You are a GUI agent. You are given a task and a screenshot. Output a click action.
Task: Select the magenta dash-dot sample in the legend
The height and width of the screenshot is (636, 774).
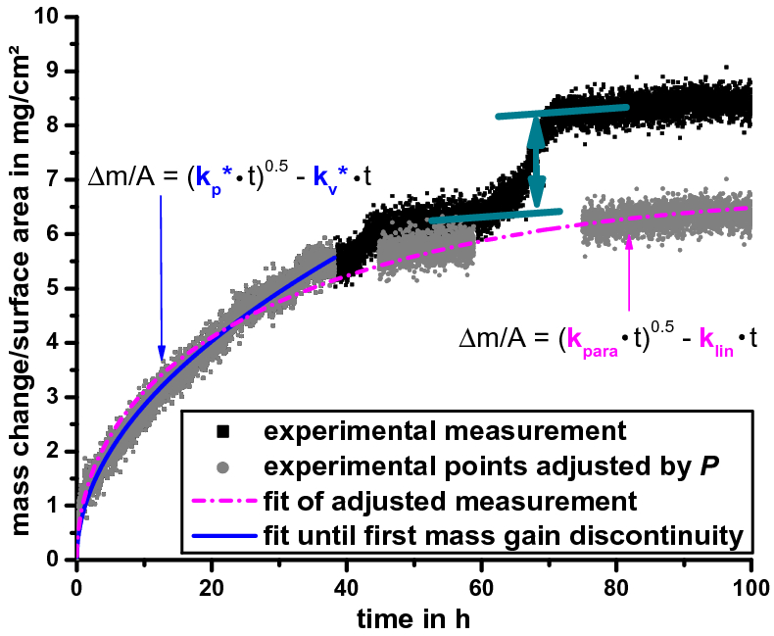pos(224,501)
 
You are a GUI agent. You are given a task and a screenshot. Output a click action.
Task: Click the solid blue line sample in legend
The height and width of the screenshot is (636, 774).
pos(224,536)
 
